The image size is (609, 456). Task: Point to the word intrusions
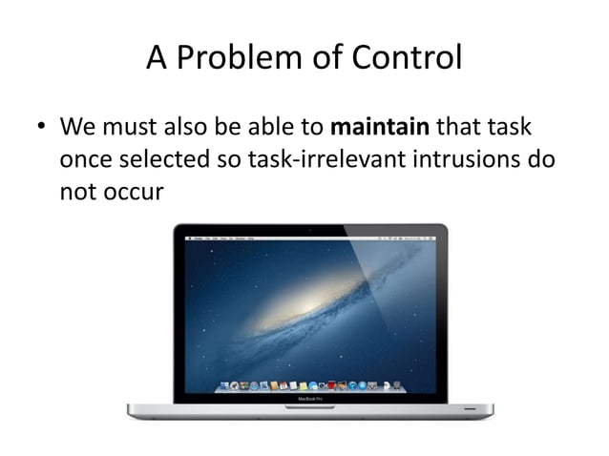tap(460, 159)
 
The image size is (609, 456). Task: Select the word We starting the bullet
tap(78, 127)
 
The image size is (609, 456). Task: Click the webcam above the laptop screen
tap(310, 228)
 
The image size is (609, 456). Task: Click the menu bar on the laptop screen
tap(310, 236)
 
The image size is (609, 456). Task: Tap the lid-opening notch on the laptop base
tap(310, 406)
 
